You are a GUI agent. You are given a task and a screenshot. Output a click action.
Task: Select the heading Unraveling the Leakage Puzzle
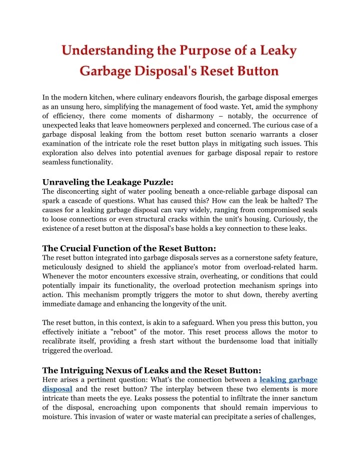pos(108,182)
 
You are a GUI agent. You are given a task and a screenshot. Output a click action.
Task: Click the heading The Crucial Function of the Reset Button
pos(129,248)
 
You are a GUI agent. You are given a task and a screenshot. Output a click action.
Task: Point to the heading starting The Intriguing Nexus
pos(151,370)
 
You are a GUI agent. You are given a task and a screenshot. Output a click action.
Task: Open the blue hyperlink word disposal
pos(57,389)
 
